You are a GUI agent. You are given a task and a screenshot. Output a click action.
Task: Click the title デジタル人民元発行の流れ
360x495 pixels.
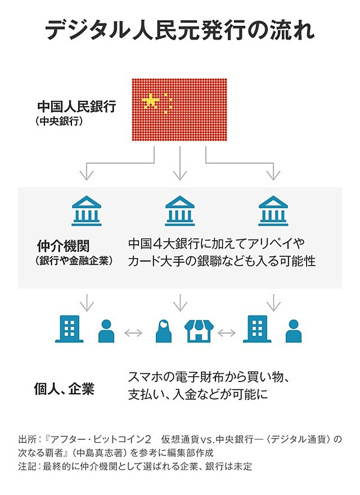[179, 31]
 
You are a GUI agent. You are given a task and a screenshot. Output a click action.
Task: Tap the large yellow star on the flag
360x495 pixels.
[151, 101]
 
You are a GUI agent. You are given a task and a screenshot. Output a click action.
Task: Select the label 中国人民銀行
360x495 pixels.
[77, 106]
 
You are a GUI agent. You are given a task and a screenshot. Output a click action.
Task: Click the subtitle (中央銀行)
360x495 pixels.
[59, 121]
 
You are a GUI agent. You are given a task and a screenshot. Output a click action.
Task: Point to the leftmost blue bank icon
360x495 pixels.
[86, 211]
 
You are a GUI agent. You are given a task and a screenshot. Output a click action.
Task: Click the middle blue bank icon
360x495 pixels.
[179, 211]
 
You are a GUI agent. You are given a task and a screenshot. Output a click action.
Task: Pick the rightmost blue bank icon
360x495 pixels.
[273, 211]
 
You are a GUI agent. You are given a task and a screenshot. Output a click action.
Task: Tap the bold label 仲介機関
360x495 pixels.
[64, 246]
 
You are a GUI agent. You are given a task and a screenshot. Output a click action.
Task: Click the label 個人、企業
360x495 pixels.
[64, 389]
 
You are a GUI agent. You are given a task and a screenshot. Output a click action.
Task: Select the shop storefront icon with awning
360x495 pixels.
[199, 331]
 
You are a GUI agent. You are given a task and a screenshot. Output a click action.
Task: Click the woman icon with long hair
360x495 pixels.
[164, 331]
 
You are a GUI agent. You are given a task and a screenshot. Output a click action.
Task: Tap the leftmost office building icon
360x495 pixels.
[70, 329]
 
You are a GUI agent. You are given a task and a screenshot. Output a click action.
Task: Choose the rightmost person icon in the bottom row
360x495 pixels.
[293, 331]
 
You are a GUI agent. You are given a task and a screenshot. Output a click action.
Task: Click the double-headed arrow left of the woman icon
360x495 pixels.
[134, 333]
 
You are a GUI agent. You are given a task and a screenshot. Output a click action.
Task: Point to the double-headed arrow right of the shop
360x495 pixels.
[227, 333]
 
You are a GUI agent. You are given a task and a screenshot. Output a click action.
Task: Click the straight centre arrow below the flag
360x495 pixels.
[180, 164]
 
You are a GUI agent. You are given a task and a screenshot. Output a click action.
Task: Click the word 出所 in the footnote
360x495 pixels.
[26, 439]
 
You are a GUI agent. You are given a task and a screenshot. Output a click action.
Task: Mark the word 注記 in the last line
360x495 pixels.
[26, 466]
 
